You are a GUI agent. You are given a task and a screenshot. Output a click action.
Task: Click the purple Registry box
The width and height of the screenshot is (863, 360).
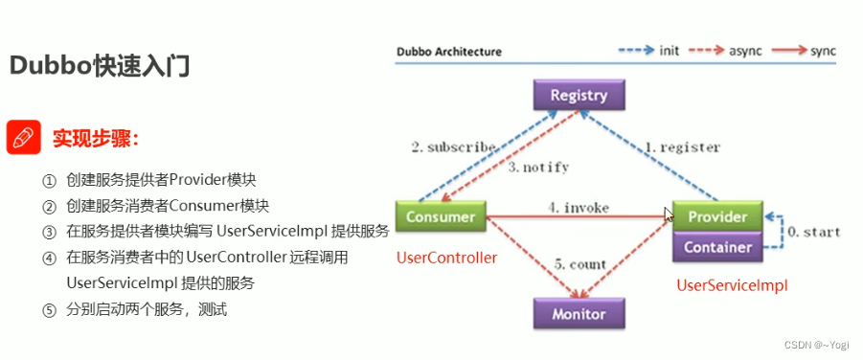[579, 96]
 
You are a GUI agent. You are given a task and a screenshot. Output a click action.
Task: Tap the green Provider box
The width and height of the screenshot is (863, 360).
[717, 216]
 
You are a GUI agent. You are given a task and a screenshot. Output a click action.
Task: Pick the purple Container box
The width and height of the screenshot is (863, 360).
[717, 247]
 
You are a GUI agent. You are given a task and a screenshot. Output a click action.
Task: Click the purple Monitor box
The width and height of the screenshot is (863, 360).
[579, 313]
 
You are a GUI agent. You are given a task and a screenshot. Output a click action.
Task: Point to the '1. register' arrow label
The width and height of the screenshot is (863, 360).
[682, 147]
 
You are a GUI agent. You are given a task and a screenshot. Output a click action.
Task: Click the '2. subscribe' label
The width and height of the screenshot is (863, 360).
[453, 147]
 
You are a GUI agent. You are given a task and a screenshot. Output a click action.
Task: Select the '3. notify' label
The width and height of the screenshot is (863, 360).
[538, 167]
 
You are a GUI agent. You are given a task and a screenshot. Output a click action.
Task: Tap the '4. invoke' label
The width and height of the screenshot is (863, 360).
[579, 207]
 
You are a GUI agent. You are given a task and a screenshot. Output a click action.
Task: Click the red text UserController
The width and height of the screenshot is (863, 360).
[446, 259]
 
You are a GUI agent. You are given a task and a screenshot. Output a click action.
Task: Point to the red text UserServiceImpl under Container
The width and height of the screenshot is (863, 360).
[732, 284]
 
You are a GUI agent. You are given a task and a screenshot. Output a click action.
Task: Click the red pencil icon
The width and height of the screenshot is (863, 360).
[23, 138]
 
